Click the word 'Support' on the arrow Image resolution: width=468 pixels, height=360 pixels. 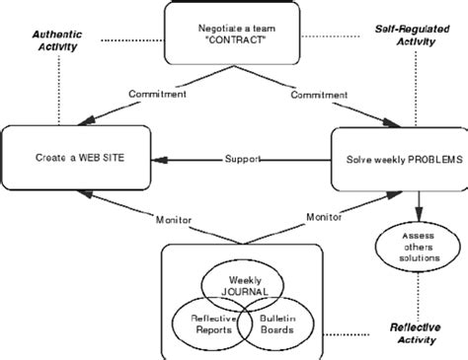click(242, 158)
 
